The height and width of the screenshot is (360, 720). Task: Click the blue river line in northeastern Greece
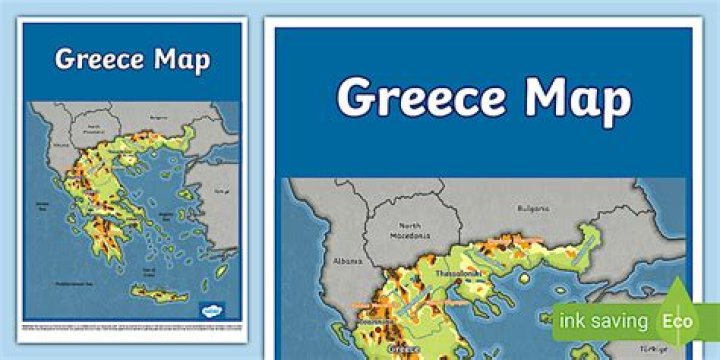pyautogui.click(x=520, y=262)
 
